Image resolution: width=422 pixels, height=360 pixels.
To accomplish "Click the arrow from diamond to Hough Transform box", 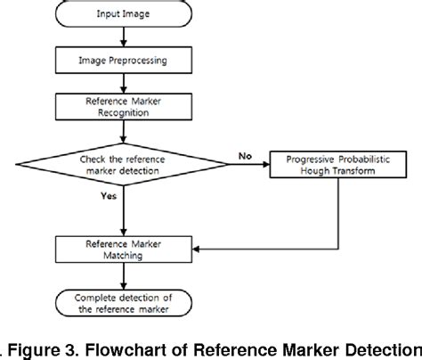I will (x=249, y=164).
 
